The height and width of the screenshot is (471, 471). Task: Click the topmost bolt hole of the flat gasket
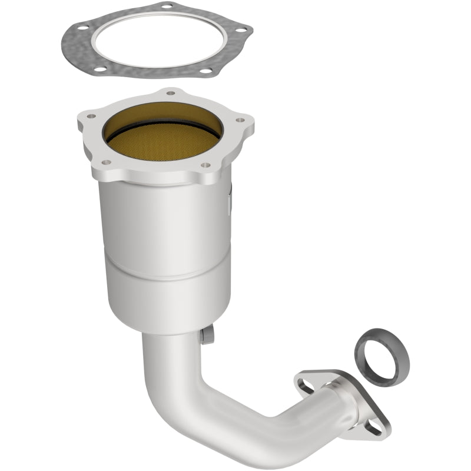[x=166, y=6]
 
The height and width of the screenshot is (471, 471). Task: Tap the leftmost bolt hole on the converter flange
[x=90, y=116]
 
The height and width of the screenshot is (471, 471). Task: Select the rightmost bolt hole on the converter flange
[x=240, y=121]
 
